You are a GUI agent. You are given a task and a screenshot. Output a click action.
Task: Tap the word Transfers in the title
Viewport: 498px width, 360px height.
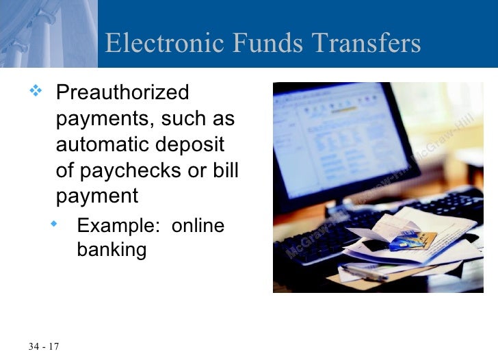click(367, 44)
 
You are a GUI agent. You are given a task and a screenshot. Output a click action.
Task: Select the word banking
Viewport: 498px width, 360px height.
click(112, 250)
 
